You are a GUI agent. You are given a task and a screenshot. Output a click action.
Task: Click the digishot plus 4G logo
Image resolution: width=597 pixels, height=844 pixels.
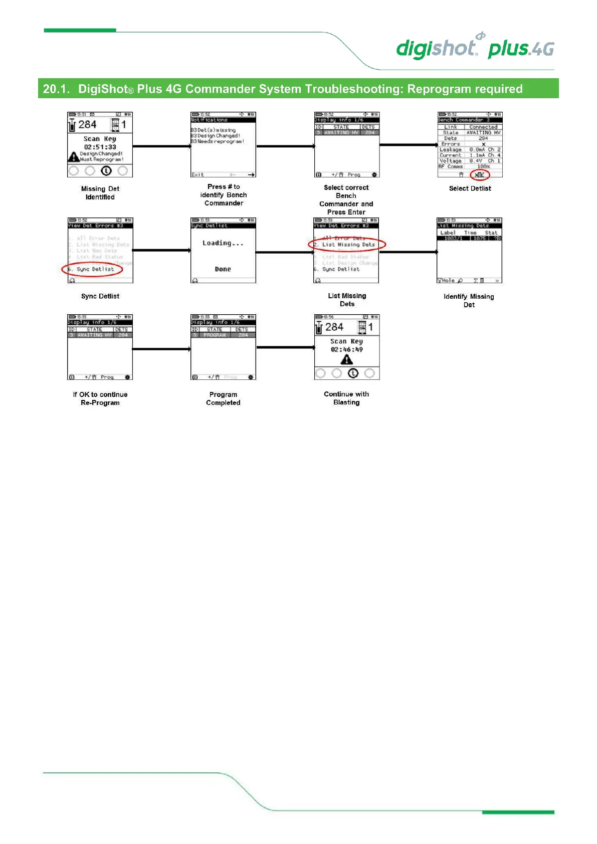pos(475,48)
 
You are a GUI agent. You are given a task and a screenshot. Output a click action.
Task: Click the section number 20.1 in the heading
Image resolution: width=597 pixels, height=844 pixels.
pos(56,89)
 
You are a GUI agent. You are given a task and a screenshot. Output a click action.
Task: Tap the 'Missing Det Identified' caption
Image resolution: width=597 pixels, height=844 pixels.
pos(100,193)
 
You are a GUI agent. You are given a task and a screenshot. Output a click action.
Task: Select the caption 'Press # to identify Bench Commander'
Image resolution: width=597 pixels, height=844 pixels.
pos(224,195)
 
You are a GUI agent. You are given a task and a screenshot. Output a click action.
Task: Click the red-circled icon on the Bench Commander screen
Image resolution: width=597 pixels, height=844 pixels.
pos(480,174)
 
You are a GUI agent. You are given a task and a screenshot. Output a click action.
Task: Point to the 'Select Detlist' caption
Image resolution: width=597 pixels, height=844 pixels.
pos(470,188)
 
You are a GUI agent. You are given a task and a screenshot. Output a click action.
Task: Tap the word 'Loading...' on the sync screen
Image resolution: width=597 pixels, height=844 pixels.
pos(223,243)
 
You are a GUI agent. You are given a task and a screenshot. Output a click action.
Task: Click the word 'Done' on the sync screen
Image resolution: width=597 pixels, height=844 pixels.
pos(223,269)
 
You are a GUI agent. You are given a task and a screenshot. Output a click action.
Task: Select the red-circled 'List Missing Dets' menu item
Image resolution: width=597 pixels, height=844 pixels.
pos(348,245)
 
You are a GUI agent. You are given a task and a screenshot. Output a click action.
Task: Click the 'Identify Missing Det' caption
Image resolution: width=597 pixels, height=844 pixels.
pos(469,301)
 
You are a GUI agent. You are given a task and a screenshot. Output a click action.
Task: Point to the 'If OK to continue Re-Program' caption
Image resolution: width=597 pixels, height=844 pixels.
pos(100,398)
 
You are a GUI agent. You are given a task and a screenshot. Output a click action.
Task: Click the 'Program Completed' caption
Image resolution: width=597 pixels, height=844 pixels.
pos(223,398)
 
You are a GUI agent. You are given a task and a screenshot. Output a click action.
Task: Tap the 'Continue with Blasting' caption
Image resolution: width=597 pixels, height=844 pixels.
pos(346,398)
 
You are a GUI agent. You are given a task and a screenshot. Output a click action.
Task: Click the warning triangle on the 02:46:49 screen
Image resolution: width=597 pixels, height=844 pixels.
pos(346,360)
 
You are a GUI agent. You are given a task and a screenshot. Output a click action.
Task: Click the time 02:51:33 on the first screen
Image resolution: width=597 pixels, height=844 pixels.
pos(100,147)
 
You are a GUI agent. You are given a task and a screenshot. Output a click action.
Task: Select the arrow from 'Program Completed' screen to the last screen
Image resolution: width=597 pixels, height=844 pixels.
pos(286,347)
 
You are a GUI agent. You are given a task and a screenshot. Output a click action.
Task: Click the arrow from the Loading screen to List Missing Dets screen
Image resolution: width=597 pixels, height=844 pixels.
pos(285,252)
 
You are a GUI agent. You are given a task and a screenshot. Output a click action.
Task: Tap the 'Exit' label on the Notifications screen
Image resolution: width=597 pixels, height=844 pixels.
pos(197,174)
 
